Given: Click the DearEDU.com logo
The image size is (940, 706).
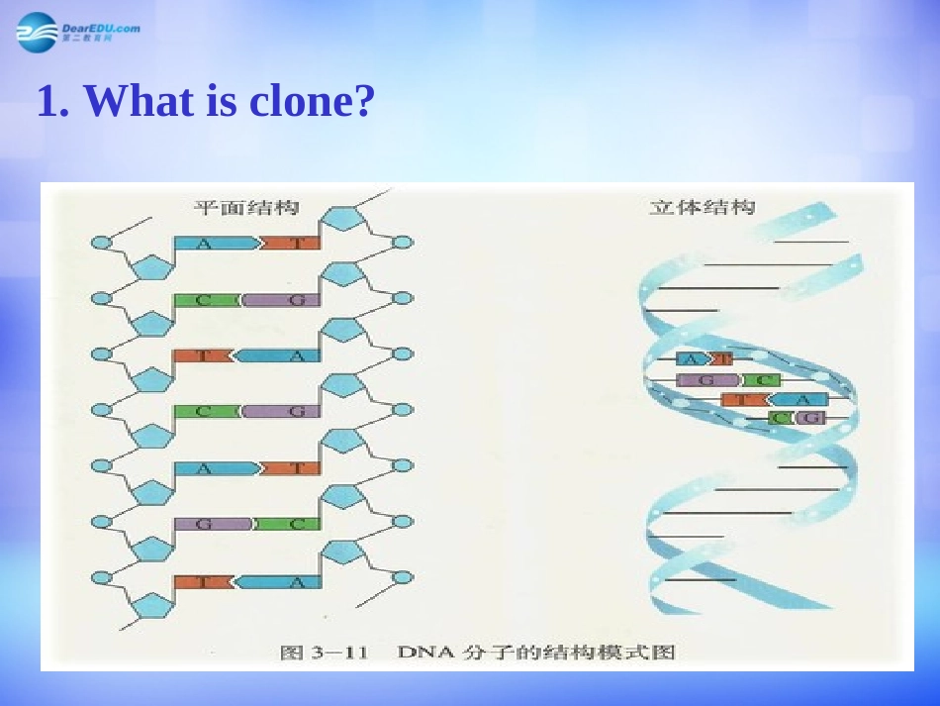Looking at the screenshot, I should coord(79,31).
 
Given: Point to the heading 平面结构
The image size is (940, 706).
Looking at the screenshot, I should coord(244,208).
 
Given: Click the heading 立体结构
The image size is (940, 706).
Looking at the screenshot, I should coord(703,207).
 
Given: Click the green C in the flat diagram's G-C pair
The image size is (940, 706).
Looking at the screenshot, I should coord(294,525).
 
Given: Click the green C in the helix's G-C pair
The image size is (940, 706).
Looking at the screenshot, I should coord(761,379).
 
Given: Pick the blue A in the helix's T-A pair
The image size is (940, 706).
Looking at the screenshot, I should coord(800,399).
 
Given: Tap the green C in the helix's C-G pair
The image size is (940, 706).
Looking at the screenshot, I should coord(782,419).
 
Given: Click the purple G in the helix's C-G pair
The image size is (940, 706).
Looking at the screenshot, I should coord(811,419).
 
